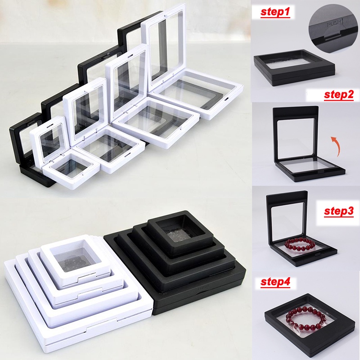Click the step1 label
click(275, 13)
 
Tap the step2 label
click(338, 95)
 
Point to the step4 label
click(275, 283)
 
